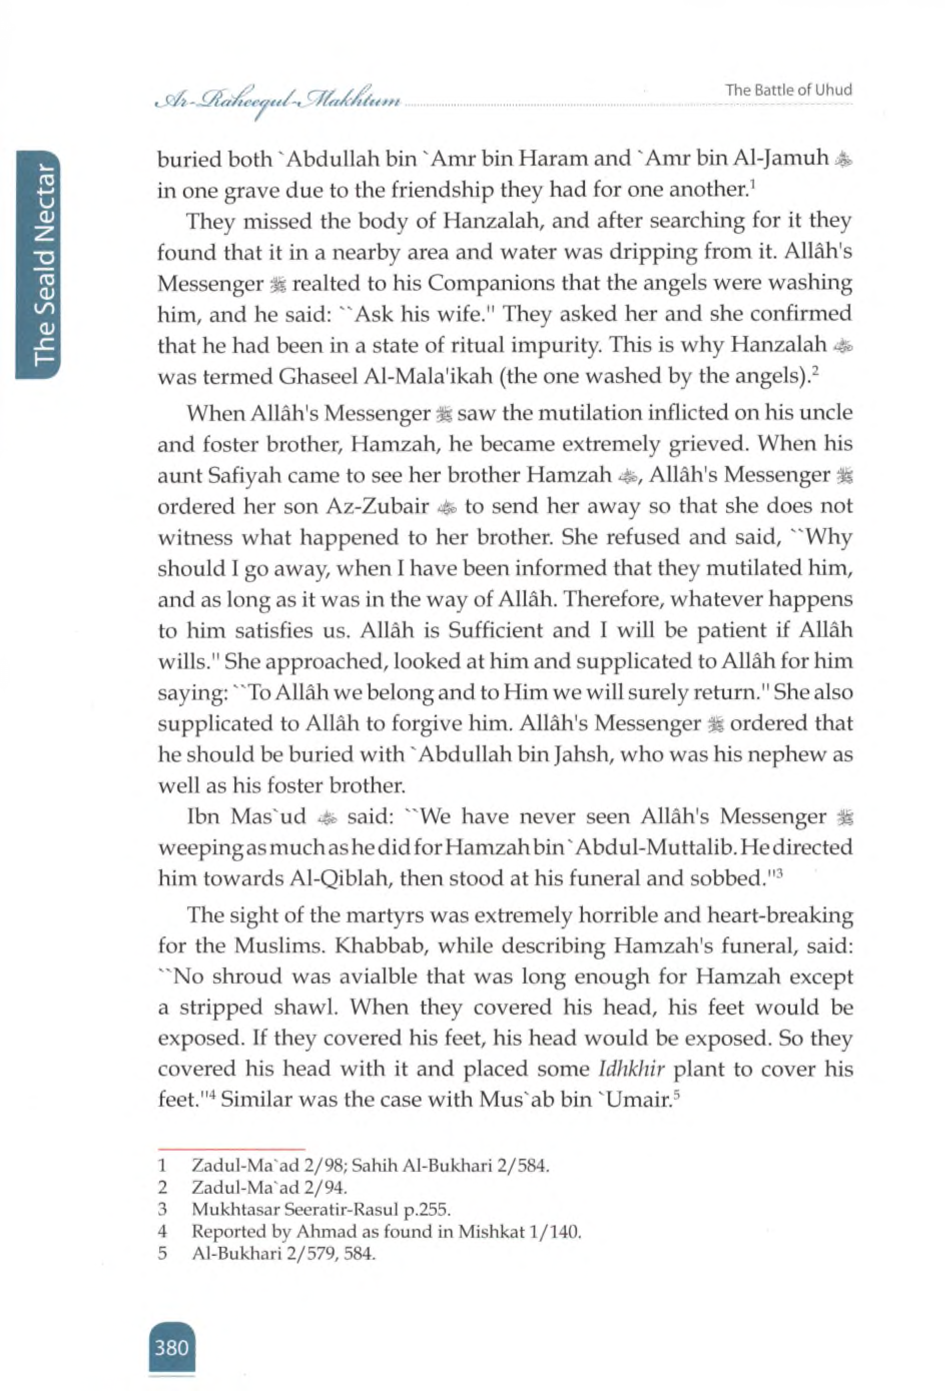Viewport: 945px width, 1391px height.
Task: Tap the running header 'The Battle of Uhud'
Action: pos(788,90)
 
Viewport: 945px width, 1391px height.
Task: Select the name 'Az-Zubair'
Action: pos(377,506)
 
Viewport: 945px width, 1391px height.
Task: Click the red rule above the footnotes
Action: pos(231,1149)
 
